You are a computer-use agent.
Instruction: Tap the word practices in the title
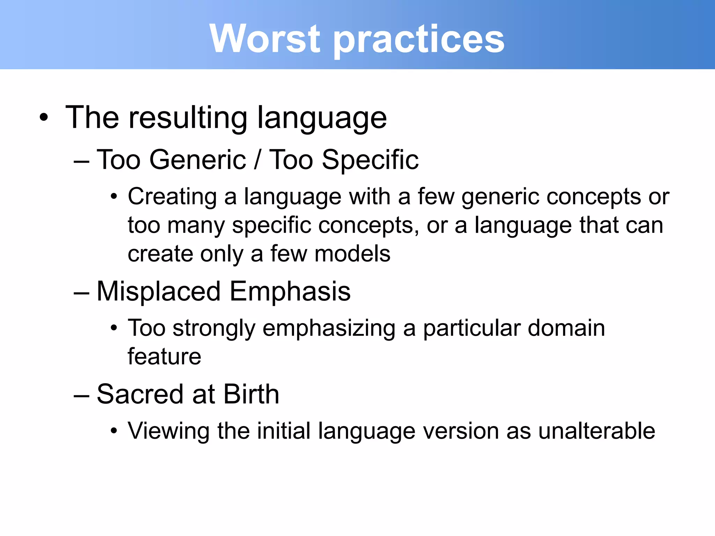(419, 40)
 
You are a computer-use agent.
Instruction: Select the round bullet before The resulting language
(43, 118)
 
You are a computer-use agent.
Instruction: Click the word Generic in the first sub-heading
(198, 160)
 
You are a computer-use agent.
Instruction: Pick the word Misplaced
(159, 292)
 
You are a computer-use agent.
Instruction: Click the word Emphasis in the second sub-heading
(290, 292)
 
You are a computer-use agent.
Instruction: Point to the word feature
(164, 357)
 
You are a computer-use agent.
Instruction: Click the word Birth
(251, 394)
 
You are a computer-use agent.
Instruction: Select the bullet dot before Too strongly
(113, 328)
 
